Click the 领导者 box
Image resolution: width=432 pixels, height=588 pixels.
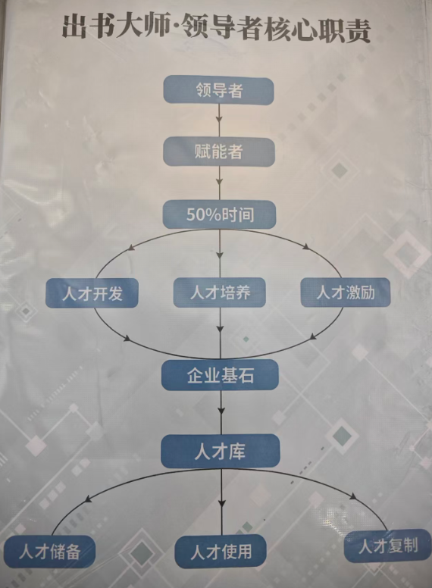(x=218, y=90)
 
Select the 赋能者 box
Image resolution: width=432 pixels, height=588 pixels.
(x=219, y=152)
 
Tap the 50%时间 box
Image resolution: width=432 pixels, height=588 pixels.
(x=219, y=214)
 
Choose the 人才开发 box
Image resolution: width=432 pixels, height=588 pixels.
(x=92, y=293)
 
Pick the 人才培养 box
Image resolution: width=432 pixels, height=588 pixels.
(x=219, y=292)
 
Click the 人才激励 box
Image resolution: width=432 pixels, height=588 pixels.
(x=346, y=292)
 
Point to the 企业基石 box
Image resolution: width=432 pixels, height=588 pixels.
(x=220, y=375)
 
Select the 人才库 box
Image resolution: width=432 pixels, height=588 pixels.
(x=221, y=451)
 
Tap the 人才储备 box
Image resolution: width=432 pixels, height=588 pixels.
(x=49, y=552)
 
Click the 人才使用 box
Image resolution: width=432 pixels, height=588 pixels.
(x=221, y=552)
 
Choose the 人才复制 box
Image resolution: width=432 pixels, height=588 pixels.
(x=388, y=546)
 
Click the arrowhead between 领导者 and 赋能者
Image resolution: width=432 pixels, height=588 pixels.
(x=220, y=120)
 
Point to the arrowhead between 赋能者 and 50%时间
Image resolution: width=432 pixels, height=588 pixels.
(x=220, y=182)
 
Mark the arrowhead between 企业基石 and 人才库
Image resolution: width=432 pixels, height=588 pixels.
(x=221, y=410)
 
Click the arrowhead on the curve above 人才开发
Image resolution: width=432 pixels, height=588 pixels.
(x=131, y=248)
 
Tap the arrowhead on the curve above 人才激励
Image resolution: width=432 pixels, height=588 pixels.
(x=306, y=247)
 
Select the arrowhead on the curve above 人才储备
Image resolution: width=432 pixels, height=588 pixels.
(x=89, y=499)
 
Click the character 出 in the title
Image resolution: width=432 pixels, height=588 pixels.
(x=75, y=27)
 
